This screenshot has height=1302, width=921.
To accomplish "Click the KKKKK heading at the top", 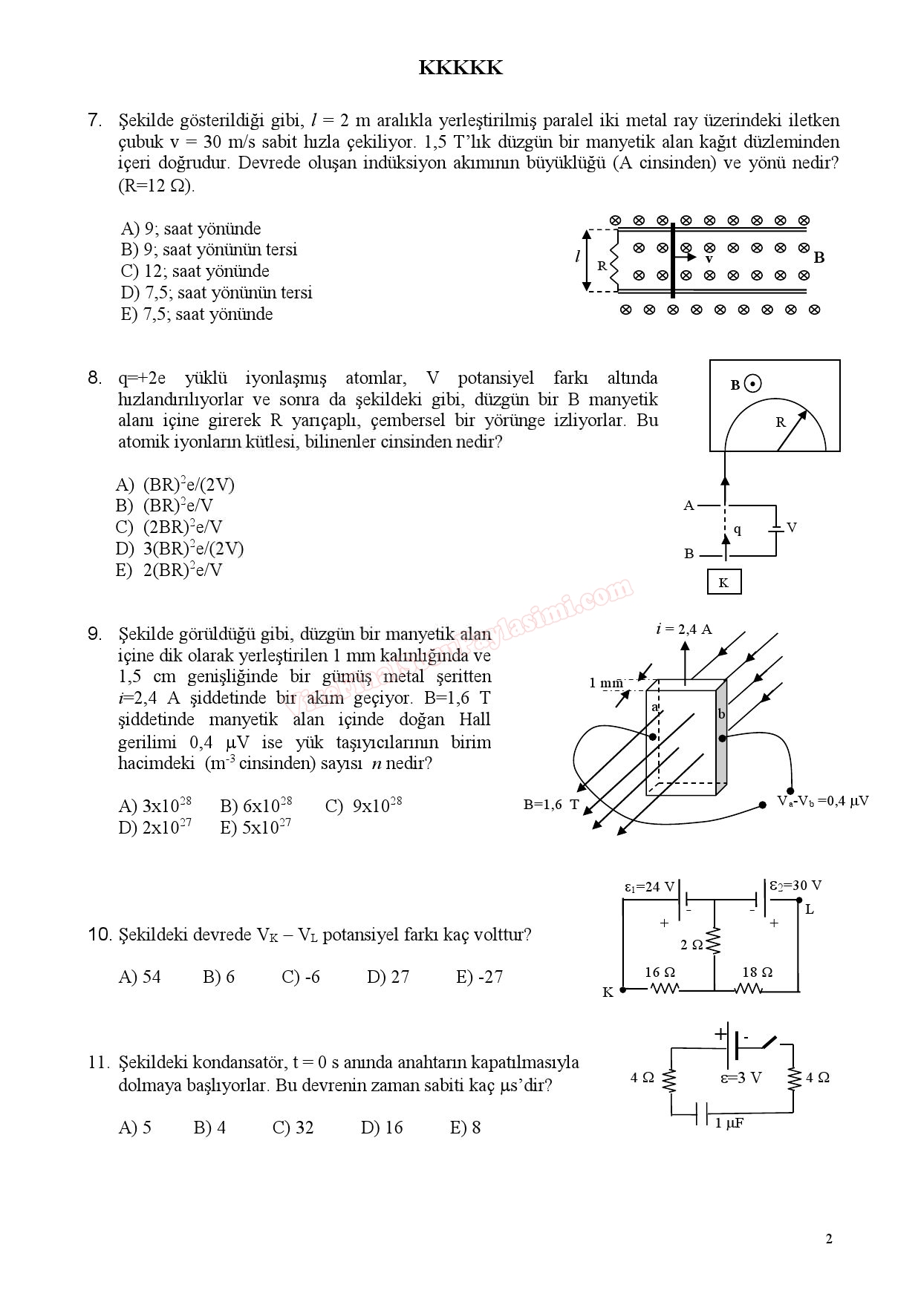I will point(461,68).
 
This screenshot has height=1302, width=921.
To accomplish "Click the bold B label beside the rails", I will point(819,258).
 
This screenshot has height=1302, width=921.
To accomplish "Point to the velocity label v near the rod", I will point(709,260).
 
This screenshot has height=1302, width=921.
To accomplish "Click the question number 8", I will point(95,379).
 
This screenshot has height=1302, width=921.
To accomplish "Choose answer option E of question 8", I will point(169,571).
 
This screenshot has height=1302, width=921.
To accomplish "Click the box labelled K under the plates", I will point(723,583).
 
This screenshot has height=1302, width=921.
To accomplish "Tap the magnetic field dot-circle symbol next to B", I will point(753,385).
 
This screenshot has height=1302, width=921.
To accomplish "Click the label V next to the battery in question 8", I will point(792,528).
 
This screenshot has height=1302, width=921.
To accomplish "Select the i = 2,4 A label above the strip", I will point(683,629).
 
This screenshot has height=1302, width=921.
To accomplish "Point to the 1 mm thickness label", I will point(605,683).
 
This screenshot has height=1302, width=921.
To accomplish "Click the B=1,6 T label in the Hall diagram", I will point(551,804).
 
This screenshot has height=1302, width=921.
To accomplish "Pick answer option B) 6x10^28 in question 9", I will point(256,806).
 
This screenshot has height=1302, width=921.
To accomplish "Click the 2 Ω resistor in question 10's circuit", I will point(714,943).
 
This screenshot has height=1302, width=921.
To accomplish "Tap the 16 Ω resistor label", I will point(660,972).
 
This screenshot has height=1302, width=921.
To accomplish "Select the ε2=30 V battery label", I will point(795,886).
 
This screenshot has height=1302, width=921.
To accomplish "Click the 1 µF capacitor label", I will point(729,1124).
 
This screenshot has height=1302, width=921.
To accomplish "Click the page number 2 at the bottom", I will point(829,1239).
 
